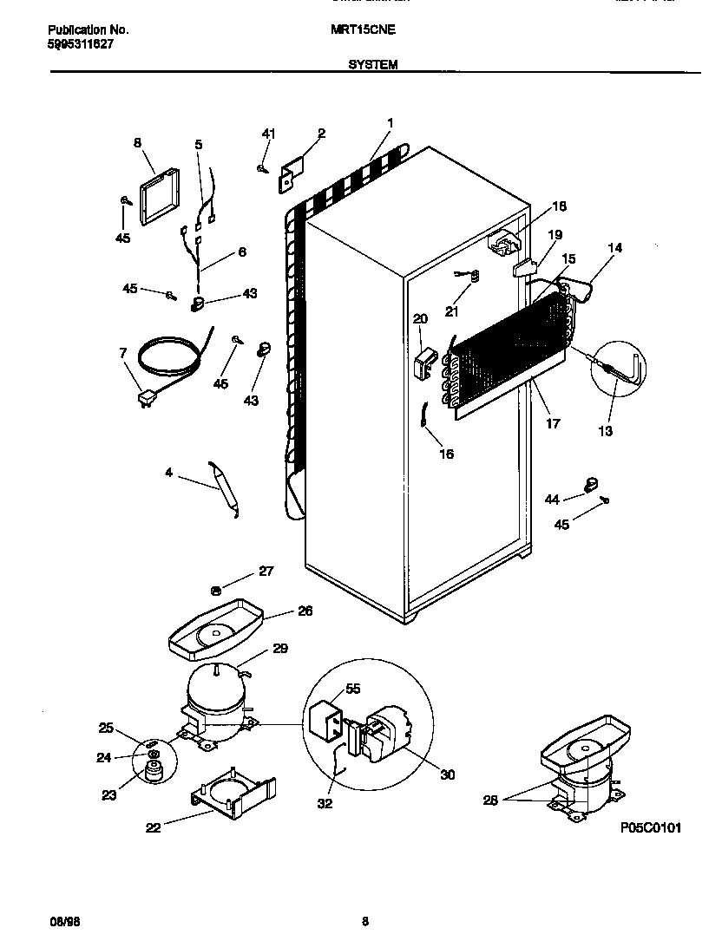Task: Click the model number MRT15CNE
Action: click(363, 29)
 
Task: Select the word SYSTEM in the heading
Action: click(373, 64)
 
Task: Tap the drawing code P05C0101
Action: click(650, 828)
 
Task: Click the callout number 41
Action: click(268, 133)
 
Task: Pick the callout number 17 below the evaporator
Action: click(553, 424)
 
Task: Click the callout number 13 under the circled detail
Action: click(605, 431)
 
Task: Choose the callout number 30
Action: click(448, 774)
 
